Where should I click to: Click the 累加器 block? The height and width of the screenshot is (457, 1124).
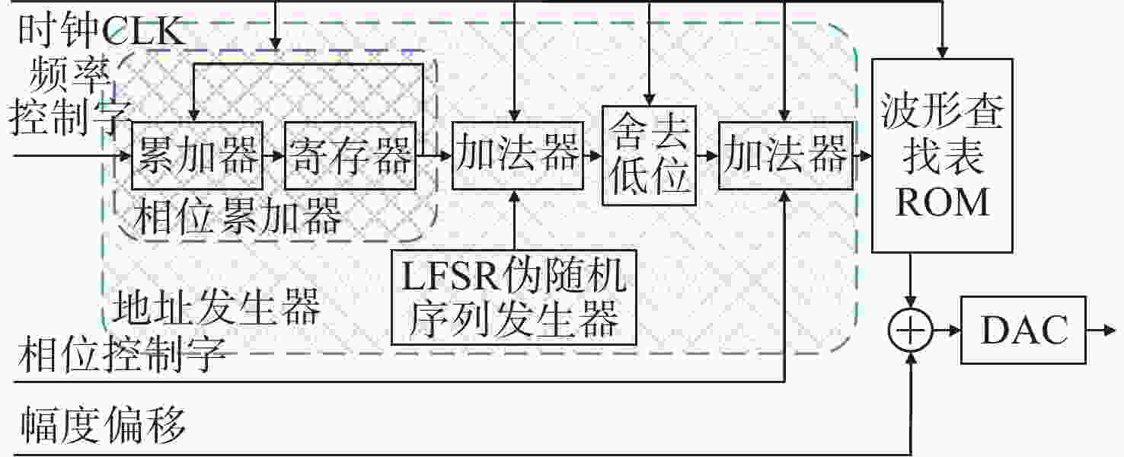pos(197,155)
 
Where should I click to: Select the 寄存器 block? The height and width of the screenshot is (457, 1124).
pos(350,155)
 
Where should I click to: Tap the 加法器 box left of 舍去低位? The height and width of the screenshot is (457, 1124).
pos(517,155)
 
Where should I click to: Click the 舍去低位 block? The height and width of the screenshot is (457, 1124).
pos(649,155)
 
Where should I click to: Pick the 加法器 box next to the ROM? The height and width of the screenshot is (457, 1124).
pos(786,155)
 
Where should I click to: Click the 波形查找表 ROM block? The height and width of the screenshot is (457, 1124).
pos(942,155)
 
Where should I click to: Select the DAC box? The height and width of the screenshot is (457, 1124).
pos(1023,330)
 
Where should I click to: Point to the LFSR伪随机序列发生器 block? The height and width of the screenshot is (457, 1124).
pos(514,298)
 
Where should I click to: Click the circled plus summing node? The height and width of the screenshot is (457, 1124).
pos(911,330)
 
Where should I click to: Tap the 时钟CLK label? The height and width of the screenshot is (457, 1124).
pos(101,31)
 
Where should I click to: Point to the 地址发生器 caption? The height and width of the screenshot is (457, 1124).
pos(216,306)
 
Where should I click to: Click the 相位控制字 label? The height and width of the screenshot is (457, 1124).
pos(122,354)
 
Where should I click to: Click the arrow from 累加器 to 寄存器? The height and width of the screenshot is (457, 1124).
pos(274,155)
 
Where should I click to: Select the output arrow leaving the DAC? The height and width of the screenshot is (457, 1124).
pos(1101,330)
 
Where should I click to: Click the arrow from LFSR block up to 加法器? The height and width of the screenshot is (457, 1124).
pos(514,219)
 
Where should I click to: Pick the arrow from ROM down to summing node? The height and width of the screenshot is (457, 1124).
pos(911,280)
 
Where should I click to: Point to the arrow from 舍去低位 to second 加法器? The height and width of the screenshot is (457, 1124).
pos(707,155)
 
